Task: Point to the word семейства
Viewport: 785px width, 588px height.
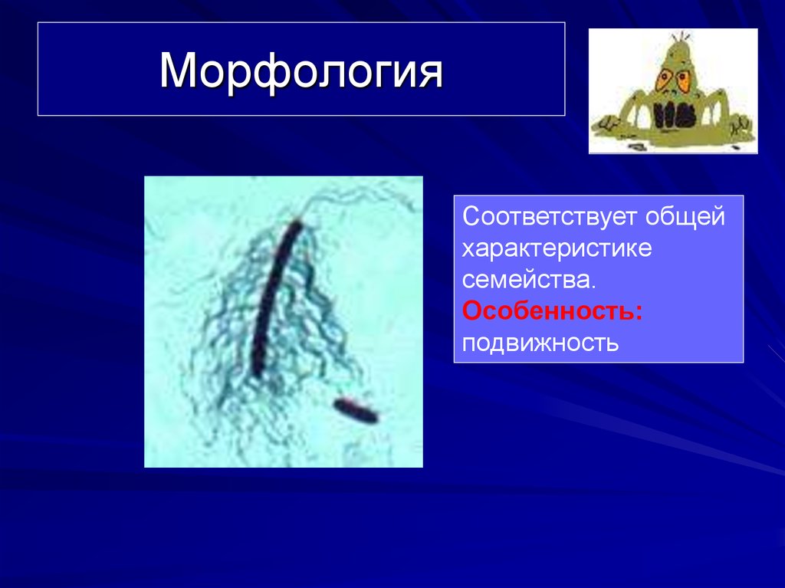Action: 526,280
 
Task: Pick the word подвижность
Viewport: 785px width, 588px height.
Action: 540,342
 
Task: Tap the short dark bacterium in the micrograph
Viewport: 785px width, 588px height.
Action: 356,411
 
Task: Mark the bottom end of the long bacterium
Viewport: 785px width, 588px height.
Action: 257,373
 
